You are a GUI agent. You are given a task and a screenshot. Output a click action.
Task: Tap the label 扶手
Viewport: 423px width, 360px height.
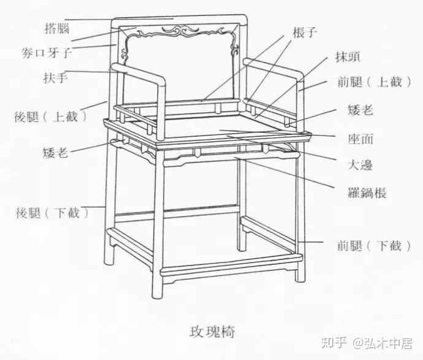(x=55, y=78)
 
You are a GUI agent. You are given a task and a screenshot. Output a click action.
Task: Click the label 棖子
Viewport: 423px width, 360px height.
(x=305, y=33)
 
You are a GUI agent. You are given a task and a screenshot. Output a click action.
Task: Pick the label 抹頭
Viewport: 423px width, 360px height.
(x=348, y=58)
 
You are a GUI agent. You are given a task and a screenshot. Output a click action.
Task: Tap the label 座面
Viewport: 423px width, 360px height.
(x=359, y=139)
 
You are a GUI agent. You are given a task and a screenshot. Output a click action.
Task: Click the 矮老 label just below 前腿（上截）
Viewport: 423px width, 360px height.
(x=359, y=110)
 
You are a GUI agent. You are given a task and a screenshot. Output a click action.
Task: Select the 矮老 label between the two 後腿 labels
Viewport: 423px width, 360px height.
(x=56, y=152)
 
